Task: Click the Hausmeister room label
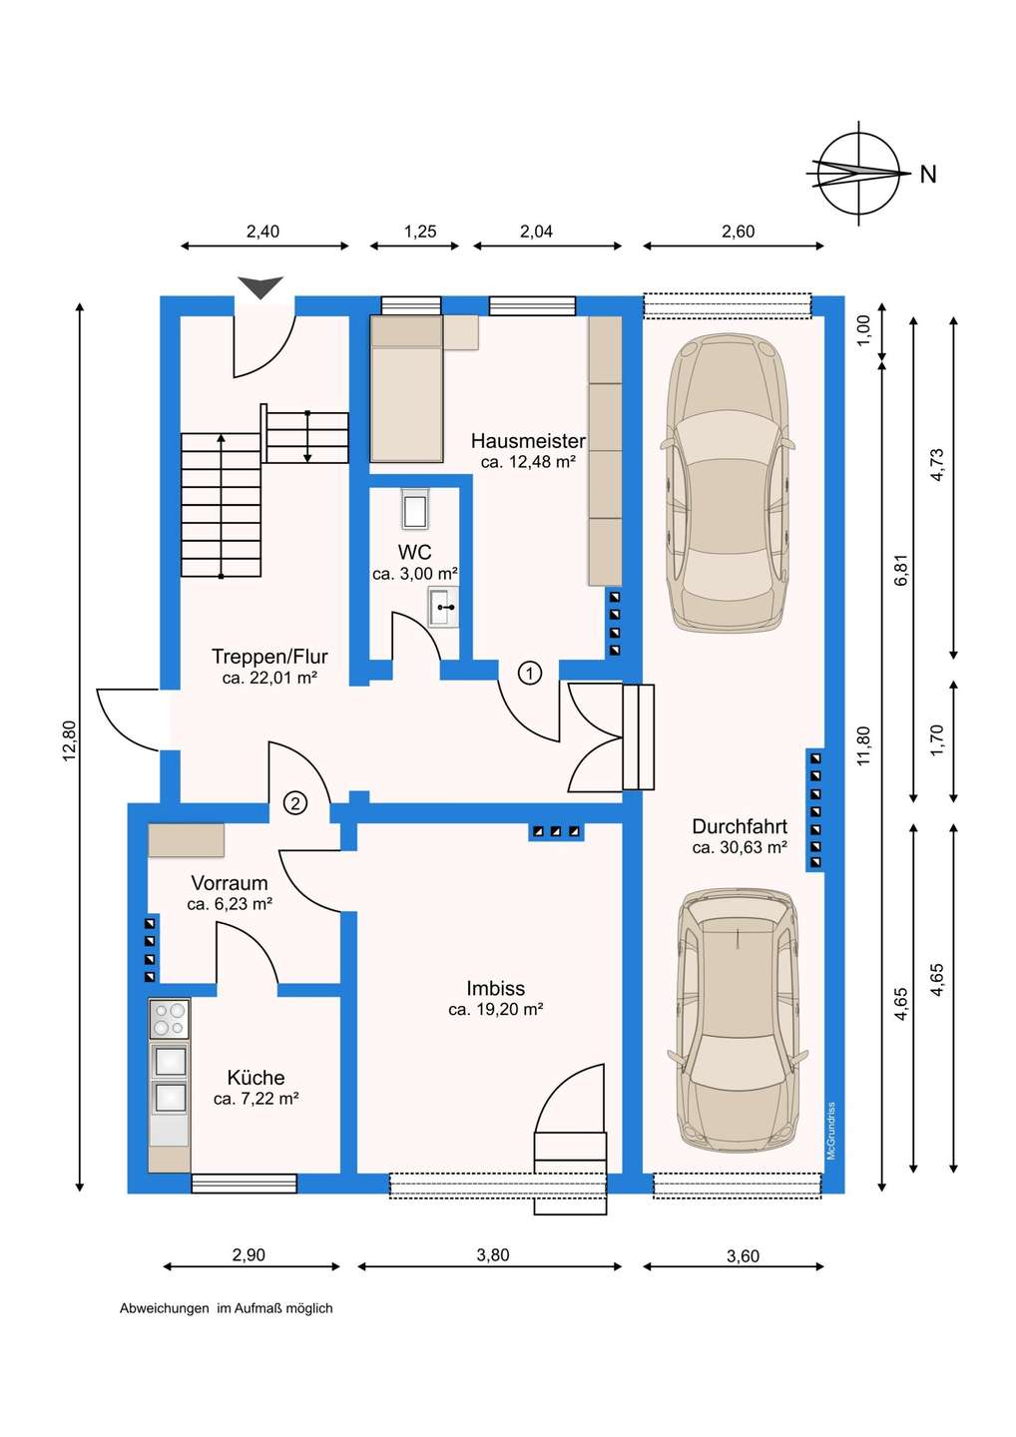pos(528,441)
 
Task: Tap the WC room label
pos(414,552)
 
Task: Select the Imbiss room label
pos(495,988)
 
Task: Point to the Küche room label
pos(255,1077)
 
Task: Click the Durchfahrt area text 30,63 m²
pos(740,847)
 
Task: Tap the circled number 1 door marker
pos(530,674)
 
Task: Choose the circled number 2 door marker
pos(295,802)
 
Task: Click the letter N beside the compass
pos(927,174)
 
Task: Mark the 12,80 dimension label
pos(69,741)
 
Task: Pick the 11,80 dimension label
pos(863,745)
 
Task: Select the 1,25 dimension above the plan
pos(420,231)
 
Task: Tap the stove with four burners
pos(170,1018)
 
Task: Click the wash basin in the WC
pos(443,606)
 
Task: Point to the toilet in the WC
pos(415,509)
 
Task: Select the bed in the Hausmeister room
pos(406,388)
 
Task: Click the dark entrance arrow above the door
pos(260,287)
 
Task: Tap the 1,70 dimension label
pos(936,740)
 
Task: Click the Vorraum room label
pos(229,883)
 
